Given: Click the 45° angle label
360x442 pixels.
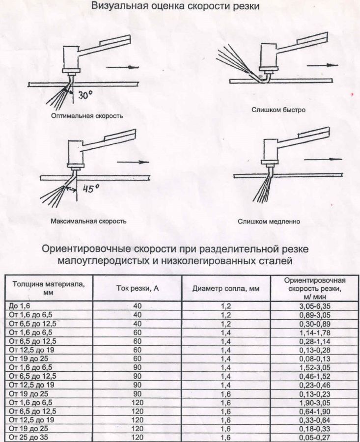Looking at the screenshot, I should tap(91, 189).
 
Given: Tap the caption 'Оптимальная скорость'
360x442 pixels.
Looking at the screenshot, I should tap(86, 116).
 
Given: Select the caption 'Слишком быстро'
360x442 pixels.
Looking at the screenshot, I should tap(278, 110).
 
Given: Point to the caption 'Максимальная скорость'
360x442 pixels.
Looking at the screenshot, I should tap(88, 221).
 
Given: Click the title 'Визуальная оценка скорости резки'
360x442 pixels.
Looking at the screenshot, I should tap(175, 6).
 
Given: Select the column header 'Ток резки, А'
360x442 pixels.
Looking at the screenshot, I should tap(138, 288).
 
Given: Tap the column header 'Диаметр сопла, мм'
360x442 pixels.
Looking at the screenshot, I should tap(225, 288).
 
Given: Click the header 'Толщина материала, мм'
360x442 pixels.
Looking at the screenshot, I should tap(45, 288).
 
